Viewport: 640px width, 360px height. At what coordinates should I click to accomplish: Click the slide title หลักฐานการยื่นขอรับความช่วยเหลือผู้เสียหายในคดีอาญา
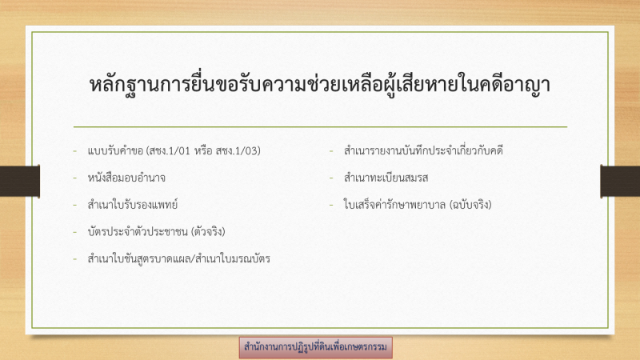click(319, 85)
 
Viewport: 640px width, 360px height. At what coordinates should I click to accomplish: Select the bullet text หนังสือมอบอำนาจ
click(126, 178)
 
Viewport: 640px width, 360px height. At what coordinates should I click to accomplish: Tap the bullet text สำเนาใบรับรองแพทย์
click(133, 205)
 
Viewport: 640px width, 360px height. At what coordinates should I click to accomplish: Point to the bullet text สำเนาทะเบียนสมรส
click(386, 178)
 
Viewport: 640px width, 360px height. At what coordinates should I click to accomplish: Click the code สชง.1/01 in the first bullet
click(170, 151)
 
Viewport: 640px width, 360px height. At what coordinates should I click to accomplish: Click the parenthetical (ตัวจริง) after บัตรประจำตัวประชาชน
click(208, 232)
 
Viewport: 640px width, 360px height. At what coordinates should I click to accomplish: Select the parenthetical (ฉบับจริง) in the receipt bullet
click(470, 205)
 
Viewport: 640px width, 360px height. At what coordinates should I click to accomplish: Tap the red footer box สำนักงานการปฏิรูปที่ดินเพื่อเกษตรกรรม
click(315, 347)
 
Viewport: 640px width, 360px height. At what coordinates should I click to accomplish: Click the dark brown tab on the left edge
click(19, 182)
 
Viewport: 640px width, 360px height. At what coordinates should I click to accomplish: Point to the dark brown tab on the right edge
click(620, 182)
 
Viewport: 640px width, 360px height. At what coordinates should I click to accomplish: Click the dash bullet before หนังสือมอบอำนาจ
click(74, 178)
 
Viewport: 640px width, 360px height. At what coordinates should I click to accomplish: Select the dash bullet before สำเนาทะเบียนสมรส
click(331, 178)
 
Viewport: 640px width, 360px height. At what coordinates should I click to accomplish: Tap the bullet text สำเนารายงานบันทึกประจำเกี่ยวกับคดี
click(423, 151)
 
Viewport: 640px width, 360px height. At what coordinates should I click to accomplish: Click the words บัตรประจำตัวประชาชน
click(138, 232)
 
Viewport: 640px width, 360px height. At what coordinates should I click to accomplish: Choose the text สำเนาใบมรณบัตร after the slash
click(233, 258)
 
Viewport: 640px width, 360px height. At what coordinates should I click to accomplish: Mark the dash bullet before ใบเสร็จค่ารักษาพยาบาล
click(331, 205)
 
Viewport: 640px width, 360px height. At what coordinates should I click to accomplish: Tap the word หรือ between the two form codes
click(203, 151)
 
